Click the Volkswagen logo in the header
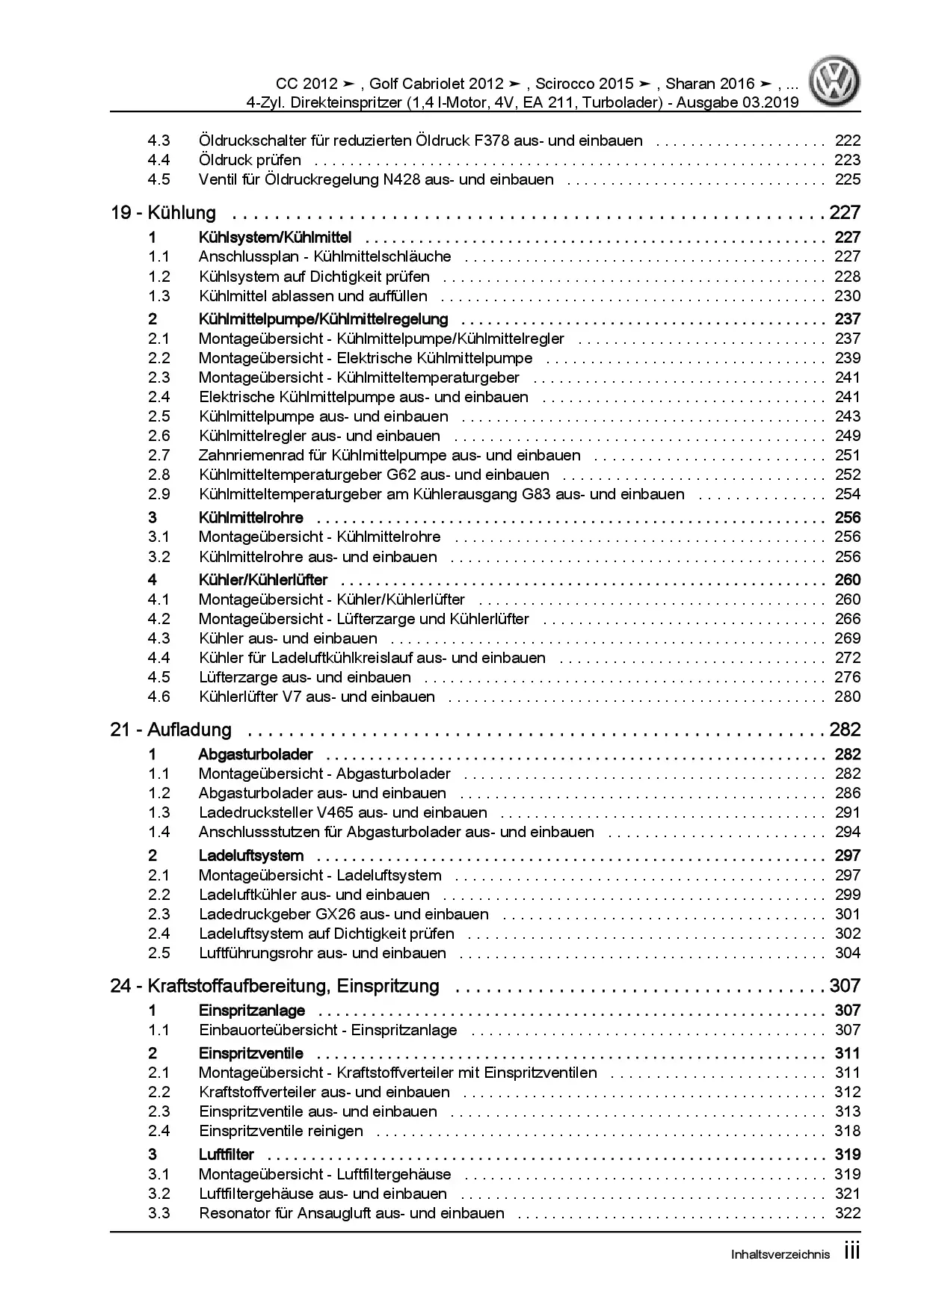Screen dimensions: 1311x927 pos(837,83)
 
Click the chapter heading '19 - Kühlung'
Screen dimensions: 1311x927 pos(163,213)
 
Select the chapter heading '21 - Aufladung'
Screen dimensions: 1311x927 pos(170,729)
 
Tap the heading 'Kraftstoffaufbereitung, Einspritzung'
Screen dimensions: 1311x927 pos(293,986)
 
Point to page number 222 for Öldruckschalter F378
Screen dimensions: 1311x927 pos(847,141)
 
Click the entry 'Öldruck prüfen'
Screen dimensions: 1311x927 pos(250,160)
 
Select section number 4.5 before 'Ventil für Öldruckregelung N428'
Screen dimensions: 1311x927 pos(158,179)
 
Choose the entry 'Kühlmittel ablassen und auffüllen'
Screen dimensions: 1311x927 pos(312,296)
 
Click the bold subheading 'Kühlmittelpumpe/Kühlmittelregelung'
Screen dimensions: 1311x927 pos(323,319)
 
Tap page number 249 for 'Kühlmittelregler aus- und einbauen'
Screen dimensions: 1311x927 pos(847,436)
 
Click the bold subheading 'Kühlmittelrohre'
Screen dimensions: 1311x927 pos(250,517)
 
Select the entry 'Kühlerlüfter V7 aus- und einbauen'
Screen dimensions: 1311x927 pos(316,697)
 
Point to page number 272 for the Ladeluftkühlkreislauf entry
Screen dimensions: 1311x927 pos(847,658)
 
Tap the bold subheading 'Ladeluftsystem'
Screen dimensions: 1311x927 pos(250,855)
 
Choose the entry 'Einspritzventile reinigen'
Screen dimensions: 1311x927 pos(280,1131)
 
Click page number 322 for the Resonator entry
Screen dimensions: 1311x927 pos(847,1213)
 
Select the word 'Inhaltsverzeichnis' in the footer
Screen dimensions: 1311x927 pos(780,1255)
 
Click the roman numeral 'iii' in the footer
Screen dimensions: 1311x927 pos(851,1252)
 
